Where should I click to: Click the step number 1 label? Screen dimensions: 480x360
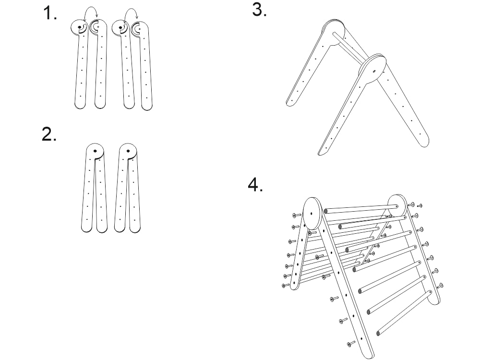tap(50, 13)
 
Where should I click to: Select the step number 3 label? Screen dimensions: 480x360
tap(259, 9)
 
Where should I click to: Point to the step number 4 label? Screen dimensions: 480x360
tap(255, 185)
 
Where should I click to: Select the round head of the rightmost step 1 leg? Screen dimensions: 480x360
tap(140, 30)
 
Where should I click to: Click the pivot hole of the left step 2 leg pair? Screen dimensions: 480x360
tap(95, 151)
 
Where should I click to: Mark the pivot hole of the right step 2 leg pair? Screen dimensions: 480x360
tap(128, 151)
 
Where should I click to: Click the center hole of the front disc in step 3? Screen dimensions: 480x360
tap(374, 71)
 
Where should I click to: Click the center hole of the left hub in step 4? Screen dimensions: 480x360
tap(312, 214)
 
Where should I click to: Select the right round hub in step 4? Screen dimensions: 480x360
tap(396, 206)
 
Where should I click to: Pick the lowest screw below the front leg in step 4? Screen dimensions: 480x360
tap(351, 344)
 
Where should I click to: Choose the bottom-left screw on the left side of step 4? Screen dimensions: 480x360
tap(285, 285)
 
